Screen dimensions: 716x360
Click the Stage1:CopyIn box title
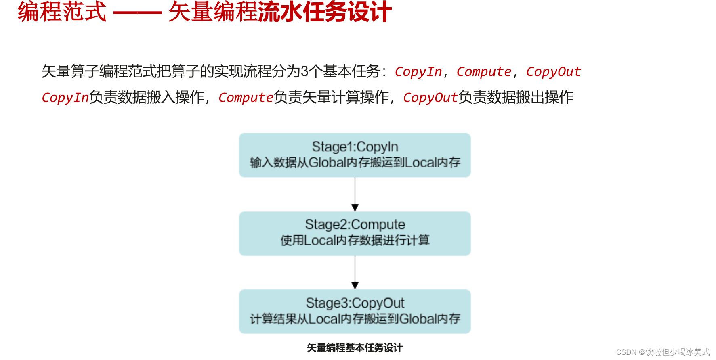(x=355, y=147)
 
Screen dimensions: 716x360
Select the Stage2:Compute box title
(x=355, y=224)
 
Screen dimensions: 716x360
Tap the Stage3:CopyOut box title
(x=355, y=303)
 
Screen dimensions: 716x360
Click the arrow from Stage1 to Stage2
(x=355, y=194)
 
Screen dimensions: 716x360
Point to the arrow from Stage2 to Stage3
(x=355, y=272)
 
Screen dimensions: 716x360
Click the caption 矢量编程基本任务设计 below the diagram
(x=355, y=348)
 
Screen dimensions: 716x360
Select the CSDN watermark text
(x=662, y=352)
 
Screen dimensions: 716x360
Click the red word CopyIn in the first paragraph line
(x=418, y=72)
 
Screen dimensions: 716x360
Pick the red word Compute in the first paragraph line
(x=483, y=72)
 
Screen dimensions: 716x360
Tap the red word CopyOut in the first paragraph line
(x=553, y=72)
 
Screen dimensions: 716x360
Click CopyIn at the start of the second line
(x=65, y=98)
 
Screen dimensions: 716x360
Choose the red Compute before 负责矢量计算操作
(x=246, y=98)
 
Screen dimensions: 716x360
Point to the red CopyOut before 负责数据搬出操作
(x=430, y=98)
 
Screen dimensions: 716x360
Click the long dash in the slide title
(x=137, y=13)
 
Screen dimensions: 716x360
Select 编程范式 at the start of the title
(x=62, y=12)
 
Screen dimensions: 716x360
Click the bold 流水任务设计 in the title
(x=325, y=12)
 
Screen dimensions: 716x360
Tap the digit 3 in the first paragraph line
(x=304, y=72)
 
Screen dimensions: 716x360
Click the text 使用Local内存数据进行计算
(x=355, y=241)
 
